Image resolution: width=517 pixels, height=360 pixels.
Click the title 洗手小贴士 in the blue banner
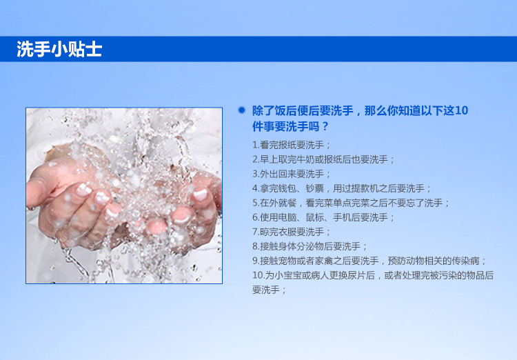tap(59, 49)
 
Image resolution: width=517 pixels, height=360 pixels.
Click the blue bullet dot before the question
tap(242, 110)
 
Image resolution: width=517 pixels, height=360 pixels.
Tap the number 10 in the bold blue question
tap(461, 110)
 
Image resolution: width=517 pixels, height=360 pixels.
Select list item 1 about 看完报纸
tap(292, 145)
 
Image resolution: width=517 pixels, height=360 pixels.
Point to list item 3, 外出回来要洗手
tap(292, 174)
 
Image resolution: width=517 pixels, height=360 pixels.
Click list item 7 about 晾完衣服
tap(292, 232)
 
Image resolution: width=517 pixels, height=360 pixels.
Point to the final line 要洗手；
tap(270, 290)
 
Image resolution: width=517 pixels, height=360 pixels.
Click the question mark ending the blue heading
tap(325, 126)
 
